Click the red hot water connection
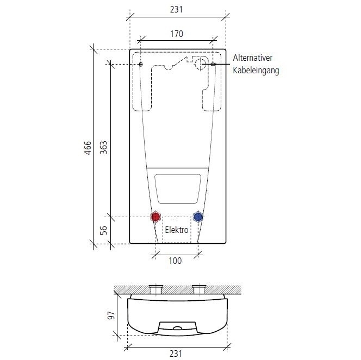[x=156, y=217]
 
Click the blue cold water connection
[x=198, y=217]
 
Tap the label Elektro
[x=177, y=230]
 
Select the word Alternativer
[x=256, y=58]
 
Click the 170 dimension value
[x=176, y=34]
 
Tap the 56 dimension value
[x=104, y=230]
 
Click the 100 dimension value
[x=175, y=261]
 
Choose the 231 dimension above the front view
[x=176, y=10]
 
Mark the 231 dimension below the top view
[x=176, y=353]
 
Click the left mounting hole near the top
[x=141, y=65]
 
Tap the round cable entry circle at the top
[x=201, y=64]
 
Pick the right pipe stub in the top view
[x=198, y=290]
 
